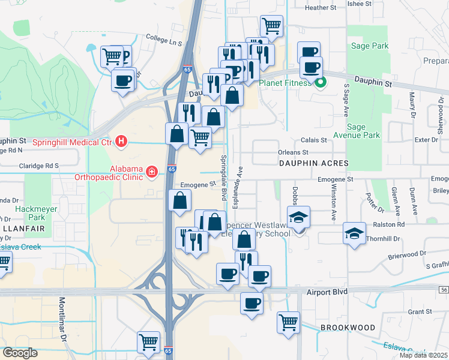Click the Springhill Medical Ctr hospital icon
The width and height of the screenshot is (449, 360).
122,142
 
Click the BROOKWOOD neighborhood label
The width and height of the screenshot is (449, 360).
348,328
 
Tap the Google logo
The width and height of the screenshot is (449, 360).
20,353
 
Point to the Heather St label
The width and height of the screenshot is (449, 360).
321,8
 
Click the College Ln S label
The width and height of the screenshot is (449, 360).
167,43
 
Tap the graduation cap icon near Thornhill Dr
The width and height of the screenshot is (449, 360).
355,233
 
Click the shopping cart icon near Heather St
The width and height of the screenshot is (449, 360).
272,26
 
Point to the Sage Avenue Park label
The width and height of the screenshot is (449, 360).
364,131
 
